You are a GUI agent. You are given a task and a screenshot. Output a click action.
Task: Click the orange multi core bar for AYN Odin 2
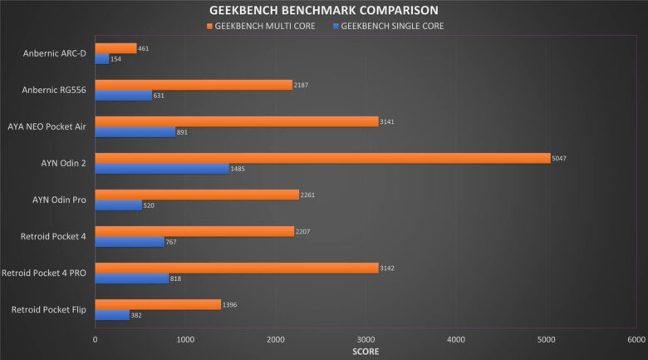[322, 158]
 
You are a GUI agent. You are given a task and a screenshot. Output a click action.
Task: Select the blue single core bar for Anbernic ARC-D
[101, 59]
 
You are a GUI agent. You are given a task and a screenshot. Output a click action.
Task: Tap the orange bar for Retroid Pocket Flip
[158, 304]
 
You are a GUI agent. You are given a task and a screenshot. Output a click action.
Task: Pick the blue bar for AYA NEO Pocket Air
[135, 131]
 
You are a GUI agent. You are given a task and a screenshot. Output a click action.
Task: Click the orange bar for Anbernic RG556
[194, 85]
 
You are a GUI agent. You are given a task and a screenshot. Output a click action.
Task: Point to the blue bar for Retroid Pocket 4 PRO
[131, 279]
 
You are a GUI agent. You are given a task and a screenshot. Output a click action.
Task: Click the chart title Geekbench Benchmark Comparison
[323, 11]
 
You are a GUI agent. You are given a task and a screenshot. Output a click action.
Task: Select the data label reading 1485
[240, 169]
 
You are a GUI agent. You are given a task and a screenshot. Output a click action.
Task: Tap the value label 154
[116, 59]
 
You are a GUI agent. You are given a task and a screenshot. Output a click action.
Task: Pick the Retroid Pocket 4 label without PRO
[54, 237]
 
